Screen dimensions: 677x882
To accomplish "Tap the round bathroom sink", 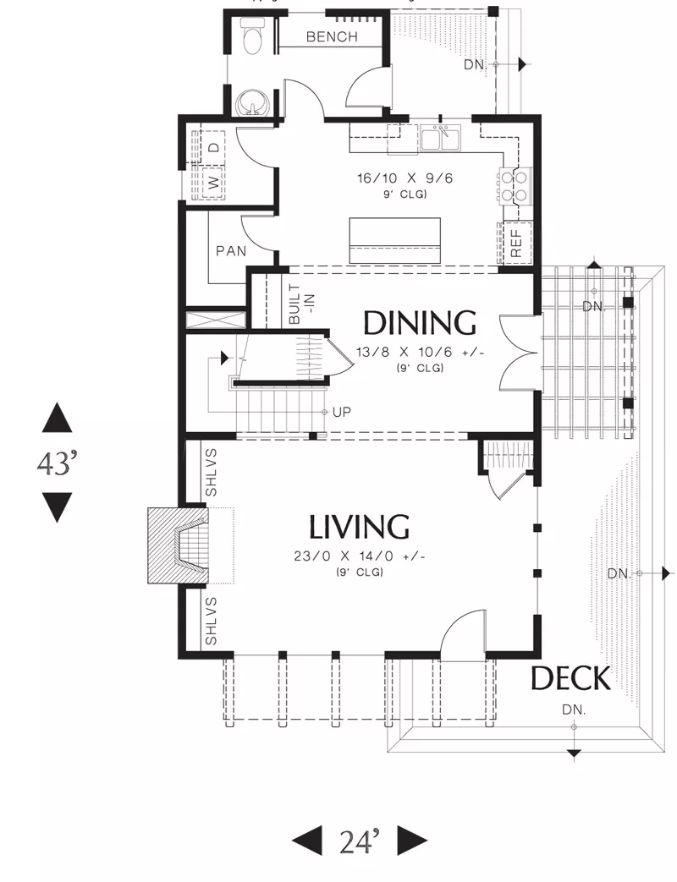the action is point(254,102).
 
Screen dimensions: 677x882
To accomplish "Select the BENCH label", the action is point(332,37).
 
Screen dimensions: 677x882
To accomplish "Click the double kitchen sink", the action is point(441,139).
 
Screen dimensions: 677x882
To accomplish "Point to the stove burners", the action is point(515,186).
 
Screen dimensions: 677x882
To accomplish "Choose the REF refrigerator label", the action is point(516,243).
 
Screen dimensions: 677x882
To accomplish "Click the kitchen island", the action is point(394,241).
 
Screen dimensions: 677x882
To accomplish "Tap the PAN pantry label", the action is point(231,251).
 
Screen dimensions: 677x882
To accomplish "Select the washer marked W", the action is point(213,183).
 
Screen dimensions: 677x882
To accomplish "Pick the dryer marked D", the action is point(213,148).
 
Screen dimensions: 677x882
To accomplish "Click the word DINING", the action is point(419,323).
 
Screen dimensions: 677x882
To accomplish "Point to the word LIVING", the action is point(359,527).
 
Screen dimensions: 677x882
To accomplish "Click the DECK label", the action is point(570,678).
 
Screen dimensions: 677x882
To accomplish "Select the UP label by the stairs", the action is point(342,413).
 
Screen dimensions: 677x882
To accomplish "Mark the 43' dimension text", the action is point(57,463).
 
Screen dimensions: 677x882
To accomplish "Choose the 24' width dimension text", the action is point(360,841).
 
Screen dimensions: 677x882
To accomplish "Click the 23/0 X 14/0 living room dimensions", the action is point(359,557).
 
